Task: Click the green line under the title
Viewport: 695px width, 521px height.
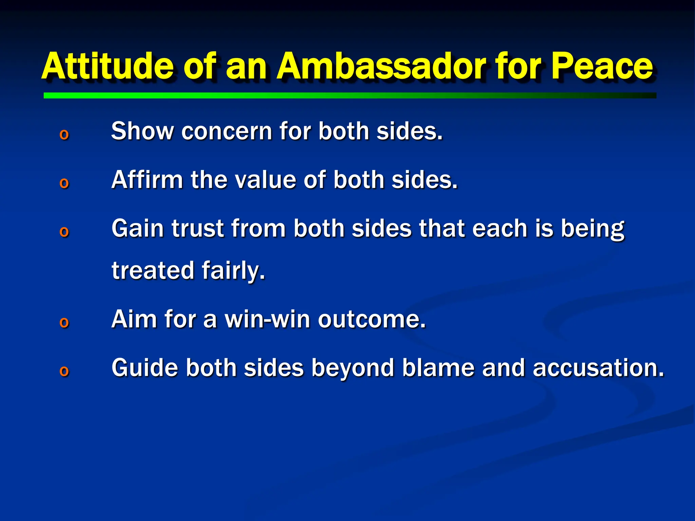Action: (x=350, y=96)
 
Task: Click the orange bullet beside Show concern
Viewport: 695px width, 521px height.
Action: (x=64, y=135)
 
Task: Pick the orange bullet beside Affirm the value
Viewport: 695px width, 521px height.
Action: (x=64, y=183)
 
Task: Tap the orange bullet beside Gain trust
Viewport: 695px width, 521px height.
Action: (x=64, y=232)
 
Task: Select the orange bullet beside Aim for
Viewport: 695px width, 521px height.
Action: (x=64, y=322)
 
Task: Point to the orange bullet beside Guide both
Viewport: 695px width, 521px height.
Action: (x=64, y=371)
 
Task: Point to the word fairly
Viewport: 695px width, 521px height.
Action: (x=233, y=271)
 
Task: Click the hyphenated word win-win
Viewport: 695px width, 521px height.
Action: (x=267, y=319)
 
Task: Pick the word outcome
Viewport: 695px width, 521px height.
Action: (x=371, y=319)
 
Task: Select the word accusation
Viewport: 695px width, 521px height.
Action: (x=598, y=368)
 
